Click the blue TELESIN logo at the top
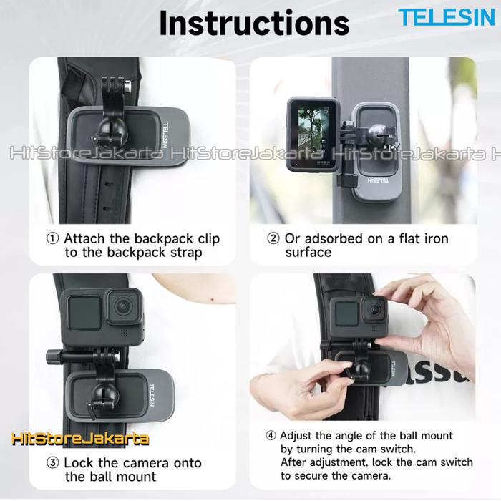coord(447,17)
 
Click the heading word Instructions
coord(254,23)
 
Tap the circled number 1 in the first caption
coord(53,238)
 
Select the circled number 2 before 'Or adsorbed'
coord(273,238)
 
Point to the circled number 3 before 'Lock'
coord(53,462)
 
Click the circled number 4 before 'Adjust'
coord(271,435)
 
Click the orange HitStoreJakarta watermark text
coord(80,439)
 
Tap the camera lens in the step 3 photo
coord(123,307)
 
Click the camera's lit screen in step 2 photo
coord(313,137)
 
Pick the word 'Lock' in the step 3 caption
coord(79,463)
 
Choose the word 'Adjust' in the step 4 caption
coord(296,436)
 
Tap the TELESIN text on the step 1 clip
coord(165,135)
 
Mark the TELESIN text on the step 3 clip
coord(152,395)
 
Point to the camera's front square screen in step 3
coord(84,313)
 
